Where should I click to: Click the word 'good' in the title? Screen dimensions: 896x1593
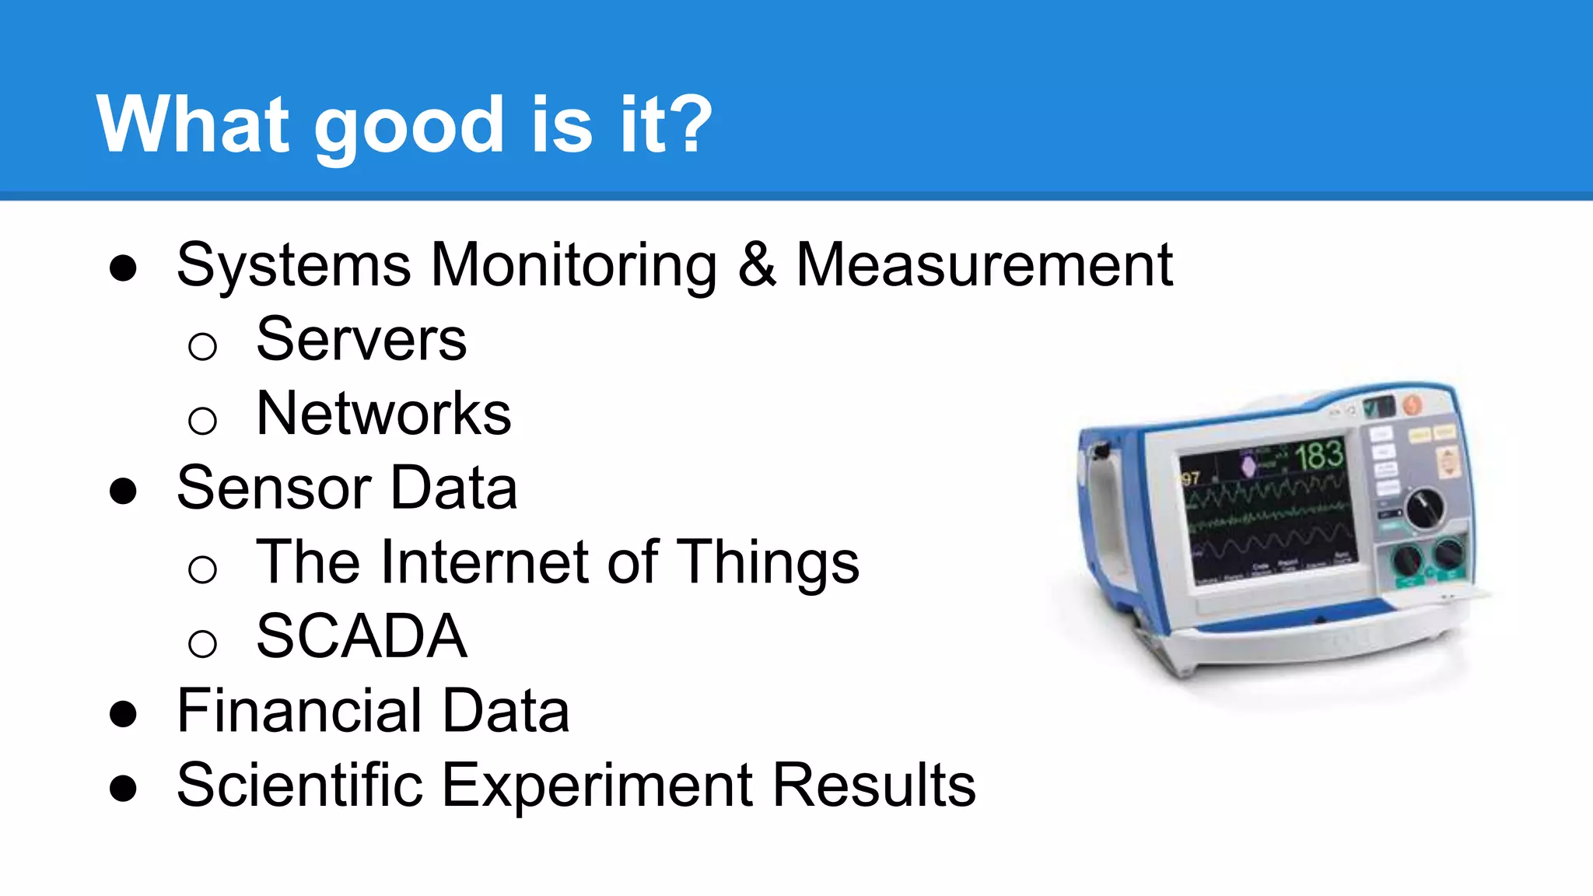[x=409, y=126]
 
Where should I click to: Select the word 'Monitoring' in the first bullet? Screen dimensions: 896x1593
[x=573, y=266]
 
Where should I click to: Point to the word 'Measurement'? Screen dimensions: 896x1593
[x=984, y=265]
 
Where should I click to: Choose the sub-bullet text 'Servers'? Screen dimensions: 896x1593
[x=361, y=340]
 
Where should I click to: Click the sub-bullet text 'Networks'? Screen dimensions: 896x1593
[x=383, y=414]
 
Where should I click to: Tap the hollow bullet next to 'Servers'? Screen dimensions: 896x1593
[x=202, y=345]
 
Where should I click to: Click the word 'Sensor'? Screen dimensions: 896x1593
[x=273, y=488]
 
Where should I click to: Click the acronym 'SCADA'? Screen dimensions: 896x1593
[x=362, y=636]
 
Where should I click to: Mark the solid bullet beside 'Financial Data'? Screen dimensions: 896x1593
[x=124, y=715]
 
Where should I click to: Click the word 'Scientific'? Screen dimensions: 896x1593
[x=299, y=785]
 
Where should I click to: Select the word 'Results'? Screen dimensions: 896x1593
[x=874, y=785]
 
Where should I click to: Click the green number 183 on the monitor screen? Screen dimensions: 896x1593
[x=1319, y=455]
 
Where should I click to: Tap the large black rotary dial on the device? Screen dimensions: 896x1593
[x=1424, y=508]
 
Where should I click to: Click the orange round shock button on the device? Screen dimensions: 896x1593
[x=1412, y=404]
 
